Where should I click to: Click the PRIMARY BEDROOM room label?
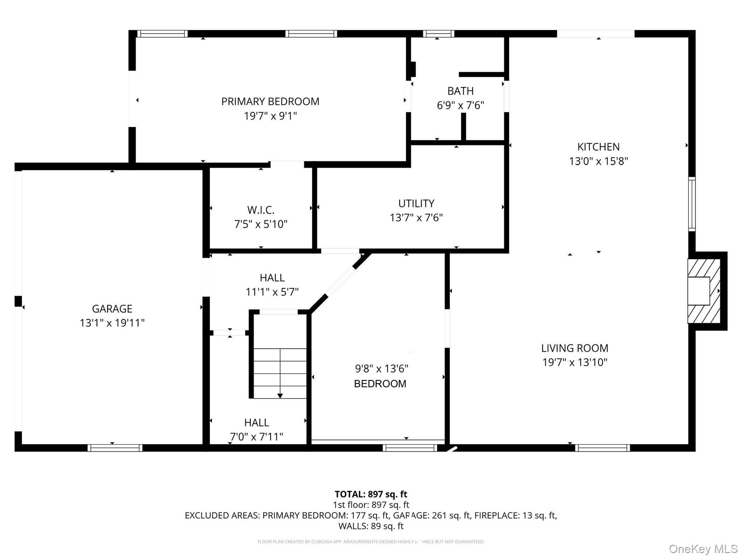point(270,102)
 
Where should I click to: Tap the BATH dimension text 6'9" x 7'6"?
point(460,106)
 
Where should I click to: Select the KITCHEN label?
point(599,147)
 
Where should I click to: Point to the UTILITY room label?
point(416,203)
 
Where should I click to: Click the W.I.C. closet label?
point(261,210)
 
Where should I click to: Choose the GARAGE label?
point(112,309)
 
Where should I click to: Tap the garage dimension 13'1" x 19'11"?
point(112,323)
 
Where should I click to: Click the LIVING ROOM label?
point(575,348)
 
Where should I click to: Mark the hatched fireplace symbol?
point(704,291)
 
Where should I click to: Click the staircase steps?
point(280,373)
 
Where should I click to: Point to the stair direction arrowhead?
point(280,396)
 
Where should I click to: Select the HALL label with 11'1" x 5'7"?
point(272,278)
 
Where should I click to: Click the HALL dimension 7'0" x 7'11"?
point(257,437)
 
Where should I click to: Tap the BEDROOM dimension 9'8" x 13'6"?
point(382,369)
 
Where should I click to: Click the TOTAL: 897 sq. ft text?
point(371,494)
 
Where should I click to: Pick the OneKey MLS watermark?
point(703,549)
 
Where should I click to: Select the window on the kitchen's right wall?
point(692,204)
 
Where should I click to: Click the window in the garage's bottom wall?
point(115,448)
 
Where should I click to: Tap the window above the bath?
point(438,34)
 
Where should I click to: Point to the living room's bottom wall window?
point(603,448)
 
